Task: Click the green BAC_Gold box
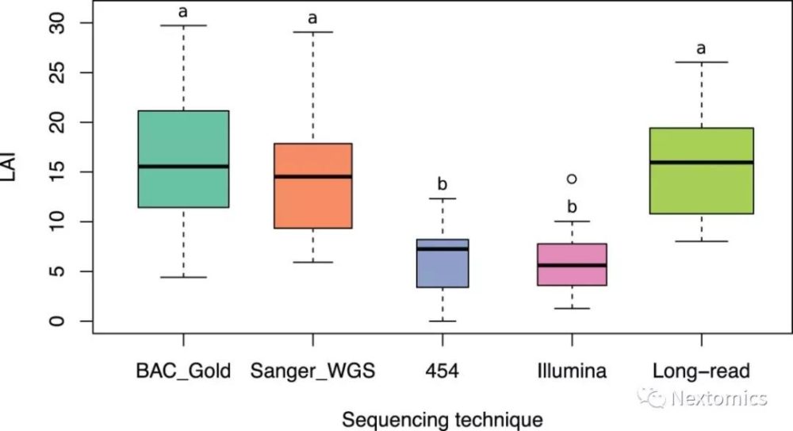tap(183, 159)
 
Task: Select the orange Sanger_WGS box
tap(312, 186)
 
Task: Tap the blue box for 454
tap(442, 264)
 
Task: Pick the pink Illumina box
tap(572, 264)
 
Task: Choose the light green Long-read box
tap(701, 171)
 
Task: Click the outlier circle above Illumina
tap(572, 179)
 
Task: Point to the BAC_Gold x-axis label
tap(183, 371)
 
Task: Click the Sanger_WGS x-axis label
tap(312, 371)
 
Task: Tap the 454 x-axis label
tap(442, 371)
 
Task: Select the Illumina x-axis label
tap(572, 371)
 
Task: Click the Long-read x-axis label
tap(701, 371)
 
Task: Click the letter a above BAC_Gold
tap(183, 11)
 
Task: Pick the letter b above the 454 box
tap(442, 185)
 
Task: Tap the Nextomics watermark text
tap(718, 398)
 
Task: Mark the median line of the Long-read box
tap(701, 162)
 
